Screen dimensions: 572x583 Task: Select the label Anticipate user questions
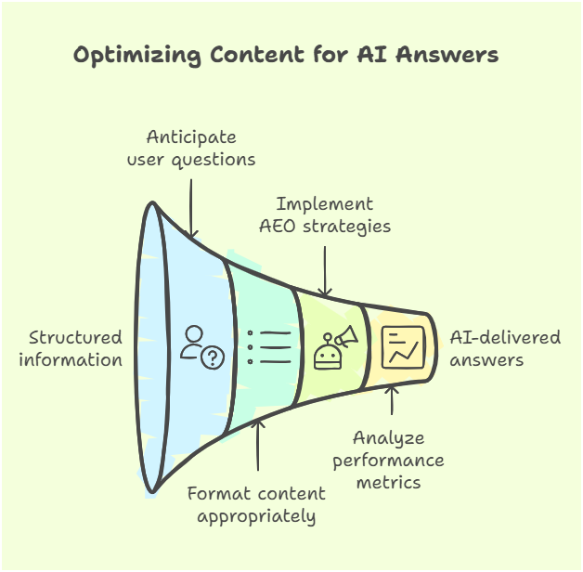pyautogui.click(x=191, y=148)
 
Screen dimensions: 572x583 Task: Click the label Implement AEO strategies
pyautogui.click(x=325, y=214)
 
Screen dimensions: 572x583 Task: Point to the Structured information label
pyautogui.click(x=75, y=348)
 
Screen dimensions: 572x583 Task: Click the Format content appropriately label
pyautogui.click(x=256, y=504)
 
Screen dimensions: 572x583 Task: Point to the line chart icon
pyautogui.click(x=403, y=346)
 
